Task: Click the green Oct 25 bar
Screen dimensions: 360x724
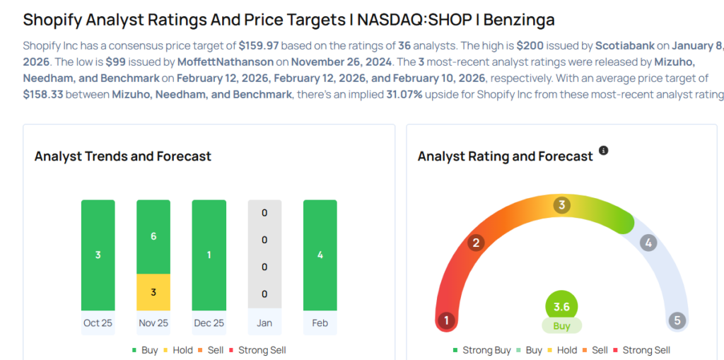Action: (98, 255)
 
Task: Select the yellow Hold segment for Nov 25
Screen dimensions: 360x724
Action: (153, 292)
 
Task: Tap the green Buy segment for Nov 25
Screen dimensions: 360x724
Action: (153, 237)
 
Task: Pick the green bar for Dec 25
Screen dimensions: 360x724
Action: (209, 255)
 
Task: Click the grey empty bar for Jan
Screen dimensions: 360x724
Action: (264, 255)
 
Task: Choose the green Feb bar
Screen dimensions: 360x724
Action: (320, 255)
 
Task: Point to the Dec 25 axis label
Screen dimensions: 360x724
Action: (209, 323)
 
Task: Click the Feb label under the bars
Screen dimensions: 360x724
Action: (320, 323)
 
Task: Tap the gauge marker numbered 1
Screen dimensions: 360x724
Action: (446, 320)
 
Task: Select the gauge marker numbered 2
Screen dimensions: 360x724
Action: (477, 243)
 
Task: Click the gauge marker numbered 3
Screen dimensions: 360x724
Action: (562, 206)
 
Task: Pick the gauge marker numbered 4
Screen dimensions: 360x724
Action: (648, 243)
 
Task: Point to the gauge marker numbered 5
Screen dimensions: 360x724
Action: (677, 320)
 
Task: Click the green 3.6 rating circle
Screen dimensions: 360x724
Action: (562, 307)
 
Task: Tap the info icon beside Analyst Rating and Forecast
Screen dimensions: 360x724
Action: (603, 151)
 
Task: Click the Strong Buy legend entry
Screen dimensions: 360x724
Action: (483, 350)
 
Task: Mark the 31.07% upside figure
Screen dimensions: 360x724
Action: (399, 94)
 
